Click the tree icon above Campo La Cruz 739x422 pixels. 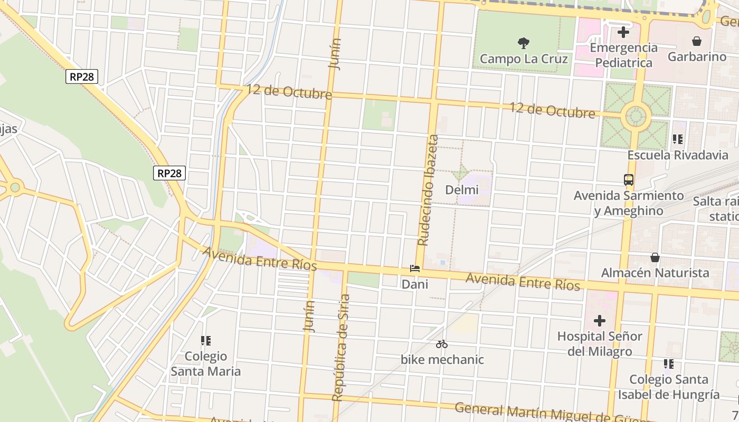(x=524, y=43)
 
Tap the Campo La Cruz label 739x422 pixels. (x=524, y=59)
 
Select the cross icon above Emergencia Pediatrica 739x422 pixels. (x=623, y=32)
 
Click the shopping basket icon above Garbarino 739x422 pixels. (x=697, y=41)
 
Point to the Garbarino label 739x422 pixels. (x=697, y=56)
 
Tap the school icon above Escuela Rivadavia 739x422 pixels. (x=678, y=139)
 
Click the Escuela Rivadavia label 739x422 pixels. (x=678, y=155)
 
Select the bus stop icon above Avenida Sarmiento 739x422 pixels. (x=629, y=180)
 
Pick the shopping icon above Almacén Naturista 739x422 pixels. (x=655, y=257)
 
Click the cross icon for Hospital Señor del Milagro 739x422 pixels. (x=600, y=321)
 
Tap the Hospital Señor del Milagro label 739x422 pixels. (x=600, y=343)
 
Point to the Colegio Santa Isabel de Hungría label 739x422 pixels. (x=669, y=387)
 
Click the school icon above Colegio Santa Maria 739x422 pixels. (x=206, y=341)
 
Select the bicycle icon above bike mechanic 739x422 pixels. (x=442, y=344)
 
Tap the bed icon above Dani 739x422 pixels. (x=415, y=268)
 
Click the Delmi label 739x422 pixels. (x=462, y=190)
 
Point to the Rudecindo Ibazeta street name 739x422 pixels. (x=428, y=190)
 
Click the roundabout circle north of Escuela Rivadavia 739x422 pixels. (x=636, y=116)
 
